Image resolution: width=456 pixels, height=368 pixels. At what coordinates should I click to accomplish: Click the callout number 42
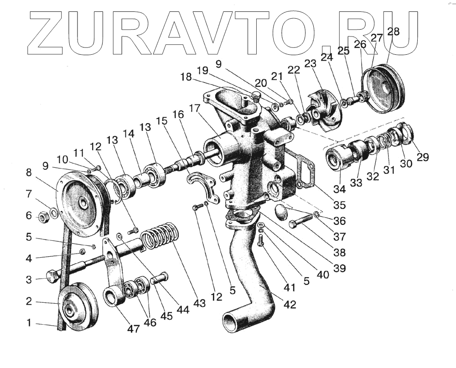click(290, 305)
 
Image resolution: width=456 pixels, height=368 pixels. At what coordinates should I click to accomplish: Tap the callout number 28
click(393, 32)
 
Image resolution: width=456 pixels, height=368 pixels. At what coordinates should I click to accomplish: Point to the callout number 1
click(29, 323)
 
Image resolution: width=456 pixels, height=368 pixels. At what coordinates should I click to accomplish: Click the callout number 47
click(134, 328)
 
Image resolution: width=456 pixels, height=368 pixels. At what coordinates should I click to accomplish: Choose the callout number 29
click(423, 157)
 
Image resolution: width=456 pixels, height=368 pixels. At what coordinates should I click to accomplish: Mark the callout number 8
click(29, 173)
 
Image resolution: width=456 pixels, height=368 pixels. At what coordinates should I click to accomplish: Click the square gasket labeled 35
click(303, 169)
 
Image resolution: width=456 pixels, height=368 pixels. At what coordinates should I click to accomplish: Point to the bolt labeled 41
click(261, 239)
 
